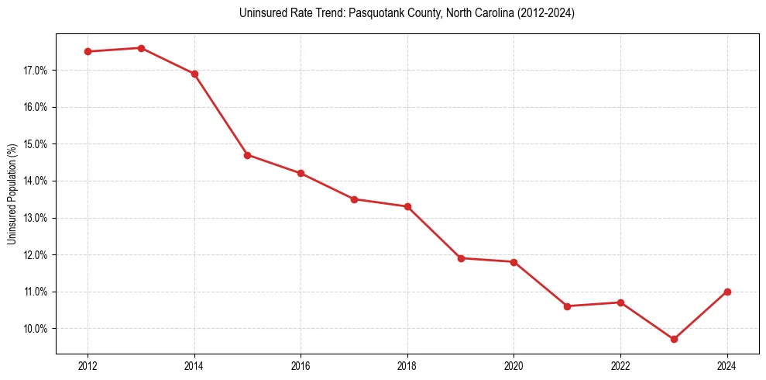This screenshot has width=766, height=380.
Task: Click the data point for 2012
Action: coord(88,52)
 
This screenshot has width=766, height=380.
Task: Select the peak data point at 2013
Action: coord(141,48)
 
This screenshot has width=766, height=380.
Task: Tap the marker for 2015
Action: coord(248,155)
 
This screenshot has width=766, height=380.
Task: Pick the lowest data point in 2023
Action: coord(674,339)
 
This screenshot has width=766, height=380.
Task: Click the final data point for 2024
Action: coord(727,292)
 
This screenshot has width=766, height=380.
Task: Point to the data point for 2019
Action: coord(461,258)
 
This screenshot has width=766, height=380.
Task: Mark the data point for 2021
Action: coord(567,306)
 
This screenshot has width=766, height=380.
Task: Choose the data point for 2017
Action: coord(354,199)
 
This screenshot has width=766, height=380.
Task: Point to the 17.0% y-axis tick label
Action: coord(36,71)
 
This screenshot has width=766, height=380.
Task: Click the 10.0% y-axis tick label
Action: coord(36,329)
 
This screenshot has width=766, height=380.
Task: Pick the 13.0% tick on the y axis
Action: coord(36,218)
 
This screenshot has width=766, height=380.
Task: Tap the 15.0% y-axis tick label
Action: coord(36,144)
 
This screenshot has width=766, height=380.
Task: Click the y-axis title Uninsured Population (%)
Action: coord(12,194)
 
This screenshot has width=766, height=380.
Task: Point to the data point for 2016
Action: coord(301,173)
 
